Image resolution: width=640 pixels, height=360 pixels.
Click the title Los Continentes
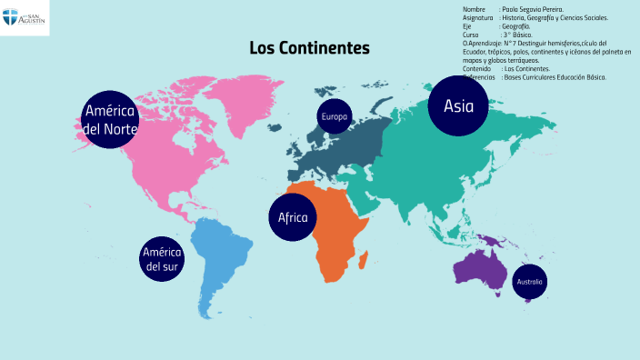click(x=309, y=48)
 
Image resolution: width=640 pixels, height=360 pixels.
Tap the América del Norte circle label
click(x=110, y=119)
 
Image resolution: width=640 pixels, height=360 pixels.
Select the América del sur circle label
click(x=163, y=258)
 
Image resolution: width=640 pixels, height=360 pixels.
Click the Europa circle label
click(x=334, y=116)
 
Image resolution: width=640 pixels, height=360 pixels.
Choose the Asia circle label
click(x=458, y=106)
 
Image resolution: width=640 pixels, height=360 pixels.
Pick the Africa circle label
click(x=293, y=218)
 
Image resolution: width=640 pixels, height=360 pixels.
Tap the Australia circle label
click(x=529, y=282)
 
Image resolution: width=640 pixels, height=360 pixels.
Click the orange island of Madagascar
click(x=365, y=261)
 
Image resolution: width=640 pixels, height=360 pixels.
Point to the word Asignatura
click(x=478, y=17)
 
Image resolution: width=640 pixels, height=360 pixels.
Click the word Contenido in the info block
click(x=477, y=69)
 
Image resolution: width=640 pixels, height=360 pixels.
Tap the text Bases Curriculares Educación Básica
click(x=555, y=77)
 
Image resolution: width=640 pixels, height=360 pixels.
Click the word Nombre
click(x=475, y=9)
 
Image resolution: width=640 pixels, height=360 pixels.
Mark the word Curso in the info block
click(x=471, y=35)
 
